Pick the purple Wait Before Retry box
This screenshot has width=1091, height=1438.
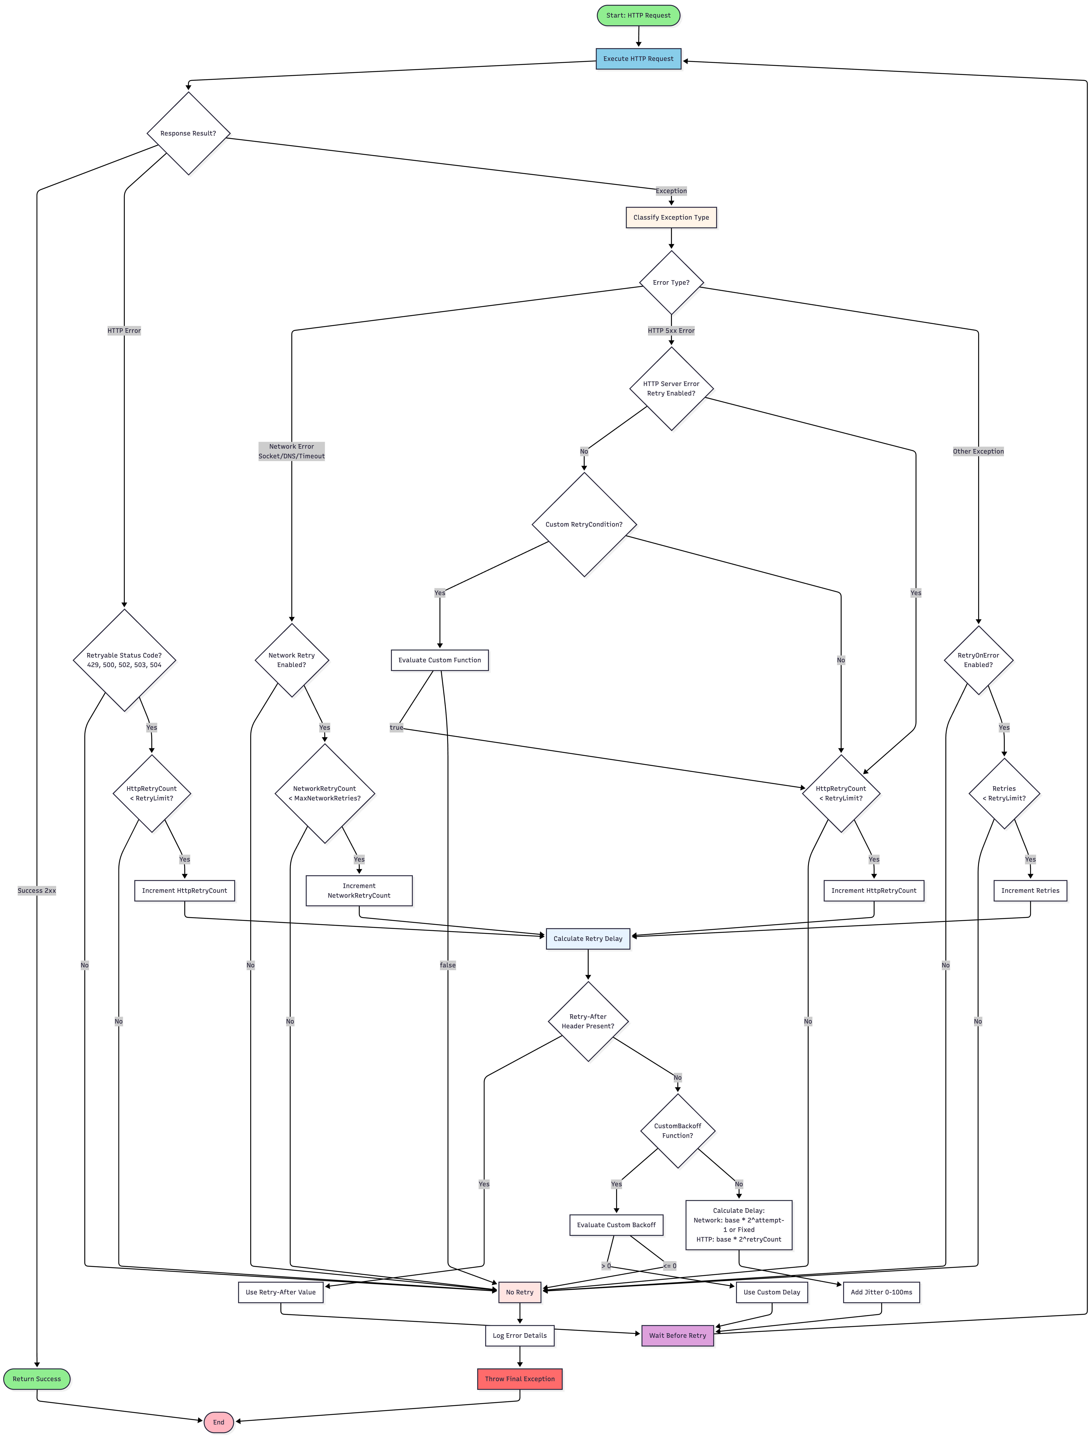[677, 1335]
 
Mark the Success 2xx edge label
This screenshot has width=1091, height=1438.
[37, 891]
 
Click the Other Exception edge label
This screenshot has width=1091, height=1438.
[978, 451]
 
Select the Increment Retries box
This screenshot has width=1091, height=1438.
[1030, 891]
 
